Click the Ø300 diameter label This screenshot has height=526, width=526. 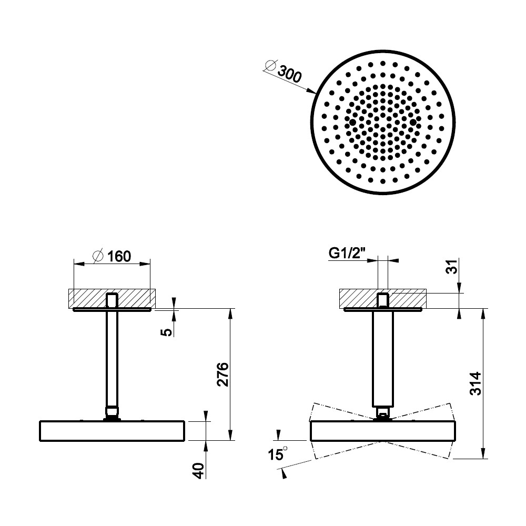pos(284,70)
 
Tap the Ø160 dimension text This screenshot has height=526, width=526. pos(112,257)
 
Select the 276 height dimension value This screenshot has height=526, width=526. pos(222,375)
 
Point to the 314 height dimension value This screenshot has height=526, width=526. pos(476,383)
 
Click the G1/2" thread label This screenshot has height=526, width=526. pos(347,254)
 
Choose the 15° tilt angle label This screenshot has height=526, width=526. pos(277,454)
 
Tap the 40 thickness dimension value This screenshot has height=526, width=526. pos(199,471)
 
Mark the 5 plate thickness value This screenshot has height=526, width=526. pos(167,332)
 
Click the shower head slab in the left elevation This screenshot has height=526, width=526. pos(112,431)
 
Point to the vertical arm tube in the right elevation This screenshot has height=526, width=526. pos(383,358)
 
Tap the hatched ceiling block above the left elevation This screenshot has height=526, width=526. pos(112,299)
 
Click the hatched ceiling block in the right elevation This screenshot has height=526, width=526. pos(383,299)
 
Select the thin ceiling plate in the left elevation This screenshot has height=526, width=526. pos(112,310)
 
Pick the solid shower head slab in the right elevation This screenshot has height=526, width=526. pos(383,431)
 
